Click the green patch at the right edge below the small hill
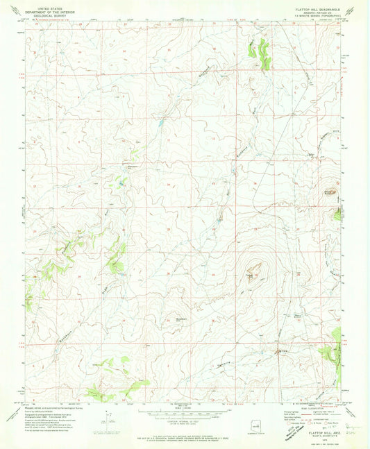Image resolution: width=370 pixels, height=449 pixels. pyautogui.click(x=337, y=214)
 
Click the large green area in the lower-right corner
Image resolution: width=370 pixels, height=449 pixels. pyautogui.click(x=332, y=354)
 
